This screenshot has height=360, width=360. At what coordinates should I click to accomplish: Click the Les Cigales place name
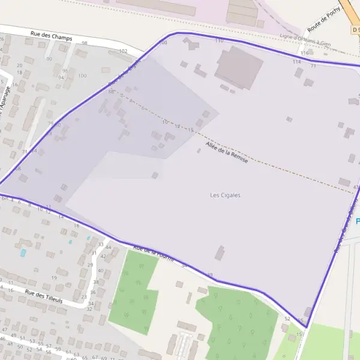(225, 195)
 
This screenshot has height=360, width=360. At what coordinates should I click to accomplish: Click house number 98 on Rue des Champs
(85, 43)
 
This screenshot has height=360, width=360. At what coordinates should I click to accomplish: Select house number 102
(123, 52)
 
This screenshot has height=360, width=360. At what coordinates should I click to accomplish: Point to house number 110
(218, 40)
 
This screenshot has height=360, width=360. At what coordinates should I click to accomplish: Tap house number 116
(304, 53)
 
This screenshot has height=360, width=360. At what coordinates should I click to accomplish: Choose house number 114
(296, 61)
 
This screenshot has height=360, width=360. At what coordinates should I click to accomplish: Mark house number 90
(49, 59)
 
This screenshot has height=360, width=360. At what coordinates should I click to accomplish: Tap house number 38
(96, 282)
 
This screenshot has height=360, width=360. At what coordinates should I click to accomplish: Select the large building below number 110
(239, 68)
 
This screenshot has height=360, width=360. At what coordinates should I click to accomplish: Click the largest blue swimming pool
(23, 253)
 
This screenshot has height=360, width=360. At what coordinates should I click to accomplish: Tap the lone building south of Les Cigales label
(220, 253)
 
